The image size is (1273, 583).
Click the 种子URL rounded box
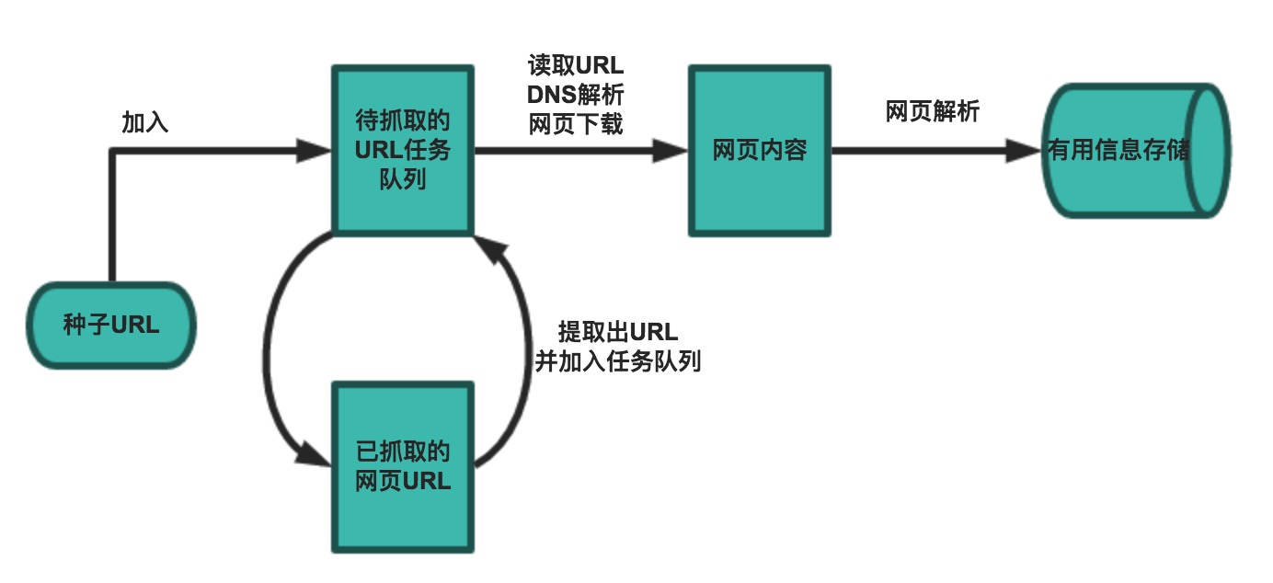point(111,325)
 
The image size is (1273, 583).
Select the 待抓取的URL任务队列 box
point(403,150)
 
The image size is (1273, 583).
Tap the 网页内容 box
point(760,151)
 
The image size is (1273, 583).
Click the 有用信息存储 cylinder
point(1118,151)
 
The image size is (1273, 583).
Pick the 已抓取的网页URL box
point(403,466)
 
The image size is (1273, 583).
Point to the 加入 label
point(145,122)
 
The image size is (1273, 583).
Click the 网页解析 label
point(933,112)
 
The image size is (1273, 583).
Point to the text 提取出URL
point(618,332)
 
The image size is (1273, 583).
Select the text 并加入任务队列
point(618,361)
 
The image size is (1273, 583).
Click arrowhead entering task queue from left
point(315,151)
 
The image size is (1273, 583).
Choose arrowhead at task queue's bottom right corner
point(488,246)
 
